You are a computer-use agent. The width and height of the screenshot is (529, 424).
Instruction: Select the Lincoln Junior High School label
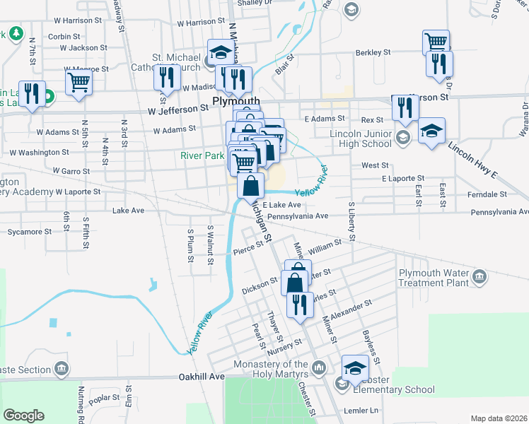point(361,139)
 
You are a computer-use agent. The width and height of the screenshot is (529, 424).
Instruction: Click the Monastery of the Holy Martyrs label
point(272,368)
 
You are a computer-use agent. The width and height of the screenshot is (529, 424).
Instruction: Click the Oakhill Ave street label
point(201,377)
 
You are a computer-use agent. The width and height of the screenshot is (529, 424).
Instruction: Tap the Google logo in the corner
point(23,416)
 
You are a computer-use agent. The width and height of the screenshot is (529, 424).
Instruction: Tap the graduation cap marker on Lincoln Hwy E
point(431,131)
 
